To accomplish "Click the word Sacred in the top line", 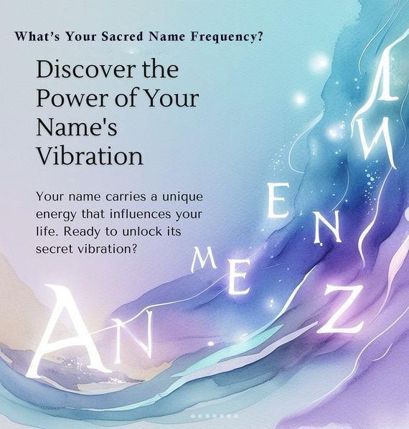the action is pyautogui.click(x=122, y=37).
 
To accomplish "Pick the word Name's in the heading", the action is pyautogui.click(x=77, y=127).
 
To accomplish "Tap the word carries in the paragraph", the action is pyautogui.click(x=126, y=197).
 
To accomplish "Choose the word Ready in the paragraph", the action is pyautogui.click(x=82, y=232).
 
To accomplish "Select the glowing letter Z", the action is pyautogui.click(x=341, y=309).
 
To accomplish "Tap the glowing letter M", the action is pyautogui.click(x=203, y=262).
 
